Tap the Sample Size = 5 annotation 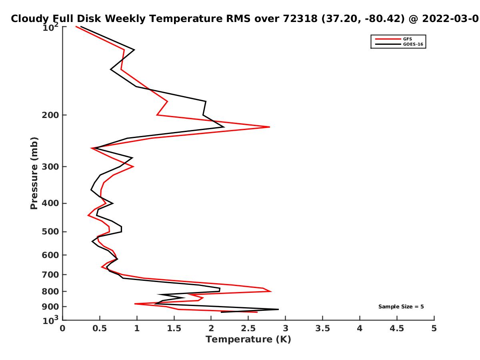click(x=401, y=307)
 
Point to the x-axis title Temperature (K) click(x=248, y=340)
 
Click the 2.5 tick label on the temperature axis click(x=248, y=328)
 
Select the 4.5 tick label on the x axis click(x=397, y=328)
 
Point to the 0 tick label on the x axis click(x=63, y=328)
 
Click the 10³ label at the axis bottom click(x=50, y=320)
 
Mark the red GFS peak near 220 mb click(x=270, y=127)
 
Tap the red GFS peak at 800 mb click(x=271, y=291)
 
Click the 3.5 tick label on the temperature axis click(x=322, y=328)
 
